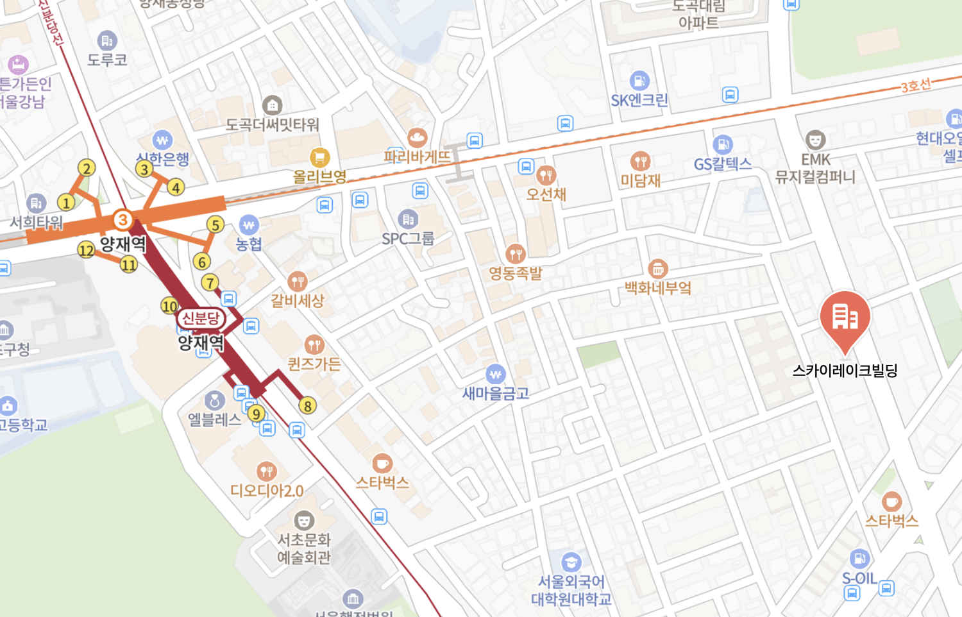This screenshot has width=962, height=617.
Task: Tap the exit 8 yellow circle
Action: coord(308,405)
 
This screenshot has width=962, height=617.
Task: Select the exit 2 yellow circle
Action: coord(87,168)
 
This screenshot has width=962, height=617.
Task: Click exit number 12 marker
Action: coord(86,250)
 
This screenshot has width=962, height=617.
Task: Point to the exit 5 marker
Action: coord(215,224)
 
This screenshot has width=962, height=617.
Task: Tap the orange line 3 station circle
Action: coord(122,220)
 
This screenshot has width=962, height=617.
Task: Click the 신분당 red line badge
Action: coord(201,318)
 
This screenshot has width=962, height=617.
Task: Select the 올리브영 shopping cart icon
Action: coord(319,157)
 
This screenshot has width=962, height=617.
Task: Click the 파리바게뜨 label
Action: coord(417,156)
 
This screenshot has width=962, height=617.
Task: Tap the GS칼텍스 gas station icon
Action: coord(723,144)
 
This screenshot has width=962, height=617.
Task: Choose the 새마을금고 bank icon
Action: coord(495,374)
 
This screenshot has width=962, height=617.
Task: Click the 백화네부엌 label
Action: coord(658,288)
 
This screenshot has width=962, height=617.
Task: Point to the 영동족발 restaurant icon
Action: coord(516,254)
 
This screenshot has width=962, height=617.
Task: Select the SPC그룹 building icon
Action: coord(408,219)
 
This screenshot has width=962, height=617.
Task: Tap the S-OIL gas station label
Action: coord(859,579)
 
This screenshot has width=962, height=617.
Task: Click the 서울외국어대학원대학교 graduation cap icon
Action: coord(571,562)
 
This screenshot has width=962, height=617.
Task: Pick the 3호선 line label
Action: coord(916,86)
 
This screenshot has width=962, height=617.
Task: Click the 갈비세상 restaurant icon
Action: coord(297,281)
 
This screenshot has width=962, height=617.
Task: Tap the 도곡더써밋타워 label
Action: coord(273,124)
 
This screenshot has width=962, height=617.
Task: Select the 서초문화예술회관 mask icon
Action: coord(304,520)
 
